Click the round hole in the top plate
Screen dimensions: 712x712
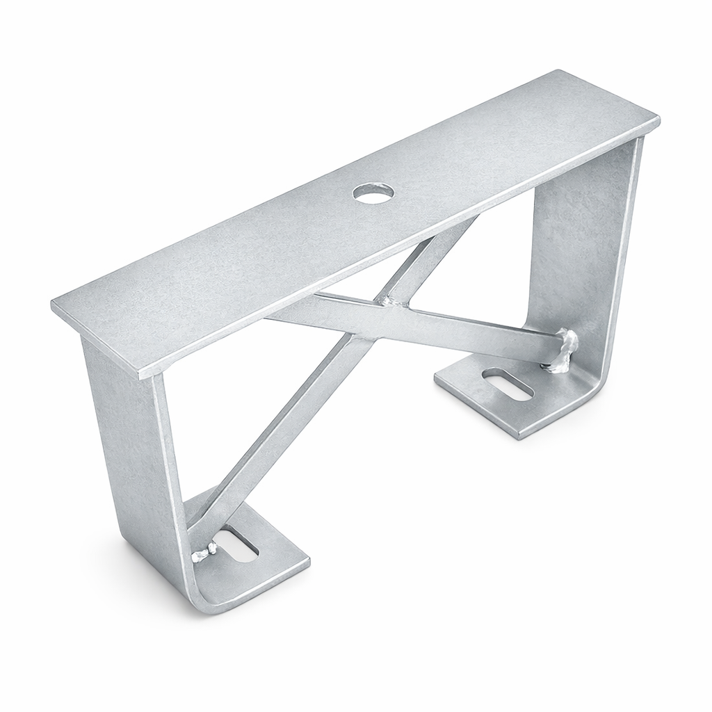(x=373, y=193)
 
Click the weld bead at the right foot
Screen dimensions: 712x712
(x=565, y=351)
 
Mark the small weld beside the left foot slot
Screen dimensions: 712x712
(x=204, y=553)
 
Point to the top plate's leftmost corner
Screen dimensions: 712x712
(x=54, y=304)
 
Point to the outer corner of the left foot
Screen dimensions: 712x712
(x=307, y=559)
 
